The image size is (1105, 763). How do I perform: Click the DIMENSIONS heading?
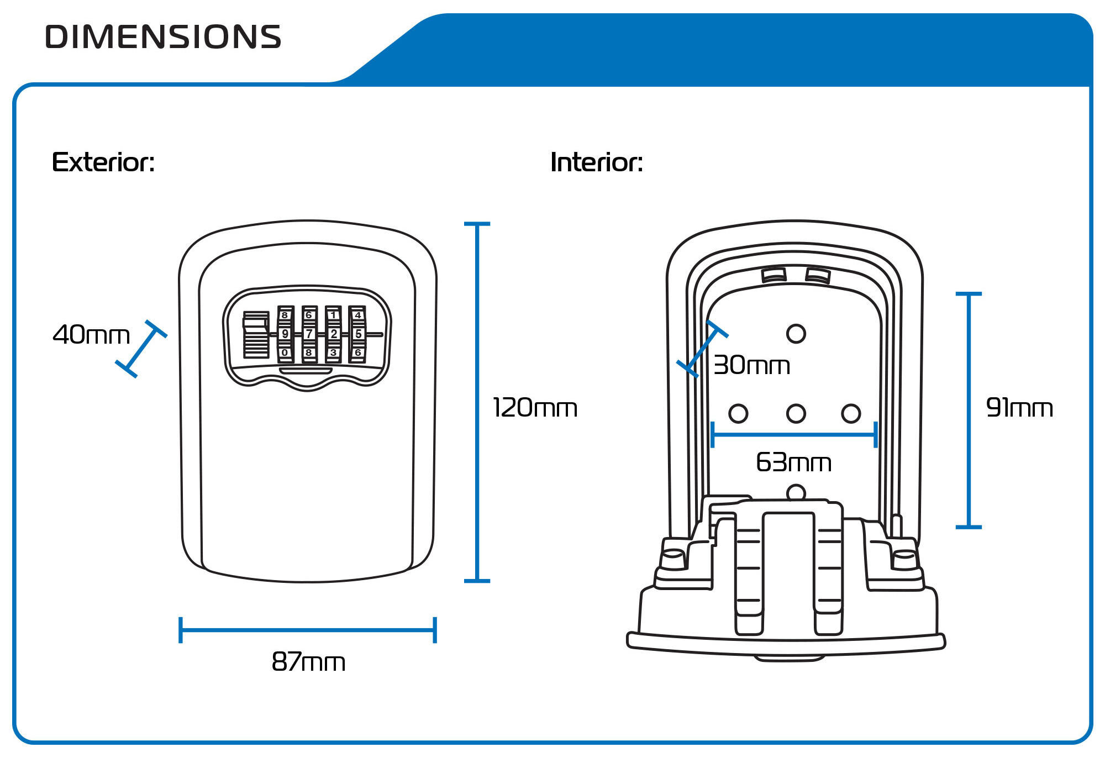click(163, 37)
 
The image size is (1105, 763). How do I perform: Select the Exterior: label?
click(103, 162)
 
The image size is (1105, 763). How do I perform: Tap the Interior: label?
click(597, 162)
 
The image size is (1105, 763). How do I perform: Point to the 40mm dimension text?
click(91, 335)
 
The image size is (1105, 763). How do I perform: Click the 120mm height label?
click(535, 408)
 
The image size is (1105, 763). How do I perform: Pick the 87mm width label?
click(308, 661)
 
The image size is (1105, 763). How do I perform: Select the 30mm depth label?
click(751, 365)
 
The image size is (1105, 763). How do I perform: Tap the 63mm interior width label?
click(793, 462)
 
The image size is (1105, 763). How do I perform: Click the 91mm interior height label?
click(1019, 408)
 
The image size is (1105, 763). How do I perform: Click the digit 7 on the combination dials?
click(309, 334)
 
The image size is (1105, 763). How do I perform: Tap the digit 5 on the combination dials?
click(358, 334)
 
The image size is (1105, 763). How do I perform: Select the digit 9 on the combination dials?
click(285, 334)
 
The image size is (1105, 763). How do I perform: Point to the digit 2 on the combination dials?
click(333, 334)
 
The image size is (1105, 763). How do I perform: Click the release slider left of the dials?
click(256, 334)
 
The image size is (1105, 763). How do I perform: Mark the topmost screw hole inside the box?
click(796, 333)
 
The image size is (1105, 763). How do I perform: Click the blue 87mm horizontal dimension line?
click(308, 630)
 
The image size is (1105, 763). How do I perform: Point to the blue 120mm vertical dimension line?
click(477, 402)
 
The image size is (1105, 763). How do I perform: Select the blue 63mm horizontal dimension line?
click(794, 435)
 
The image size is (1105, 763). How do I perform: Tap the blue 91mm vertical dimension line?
click(969, 410)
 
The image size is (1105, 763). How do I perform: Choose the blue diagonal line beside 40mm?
click(141, 349)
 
